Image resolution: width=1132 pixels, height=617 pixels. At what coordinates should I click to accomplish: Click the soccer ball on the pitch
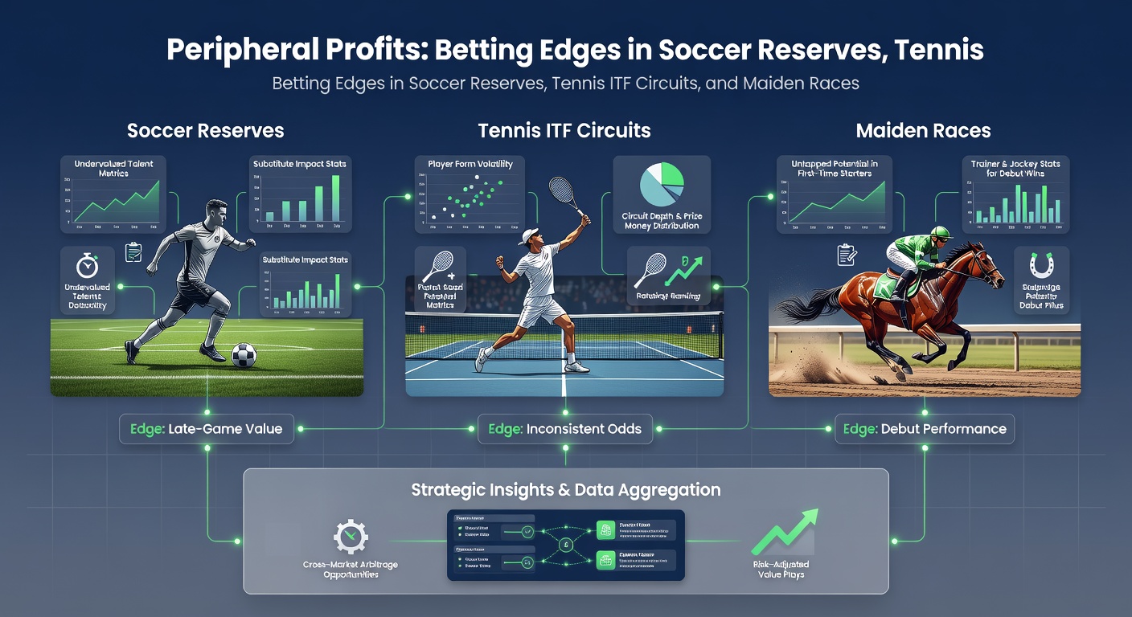[x=243, y=356]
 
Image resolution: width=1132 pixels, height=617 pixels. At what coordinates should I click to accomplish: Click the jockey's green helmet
[x=940, y=233]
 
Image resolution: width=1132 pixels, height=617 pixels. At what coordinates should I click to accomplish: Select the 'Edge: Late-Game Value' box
[x=207, y=429]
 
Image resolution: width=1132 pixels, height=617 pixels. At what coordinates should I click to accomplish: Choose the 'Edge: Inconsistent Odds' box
[x=565, y=429]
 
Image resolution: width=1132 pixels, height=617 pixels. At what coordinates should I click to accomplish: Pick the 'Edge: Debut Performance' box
[x=925, y=429]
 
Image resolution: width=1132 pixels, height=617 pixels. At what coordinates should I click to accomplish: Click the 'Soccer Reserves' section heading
[x=205, y=130]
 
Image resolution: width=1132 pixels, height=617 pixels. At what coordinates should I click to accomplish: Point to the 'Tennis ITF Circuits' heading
[x=564, y=130]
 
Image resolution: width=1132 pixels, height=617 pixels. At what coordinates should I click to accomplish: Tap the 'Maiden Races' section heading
[x=923, y=130]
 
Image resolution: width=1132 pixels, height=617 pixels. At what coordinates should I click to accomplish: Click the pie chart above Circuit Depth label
[x=661, y=185]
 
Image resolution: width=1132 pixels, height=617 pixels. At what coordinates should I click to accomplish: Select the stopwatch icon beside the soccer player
[x=87, y=265]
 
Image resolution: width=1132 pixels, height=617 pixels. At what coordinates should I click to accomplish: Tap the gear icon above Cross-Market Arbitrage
[x=351, y=537]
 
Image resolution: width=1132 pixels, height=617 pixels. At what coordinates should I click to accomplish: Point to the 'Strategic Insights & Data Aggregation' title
[x=565, y=489]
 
